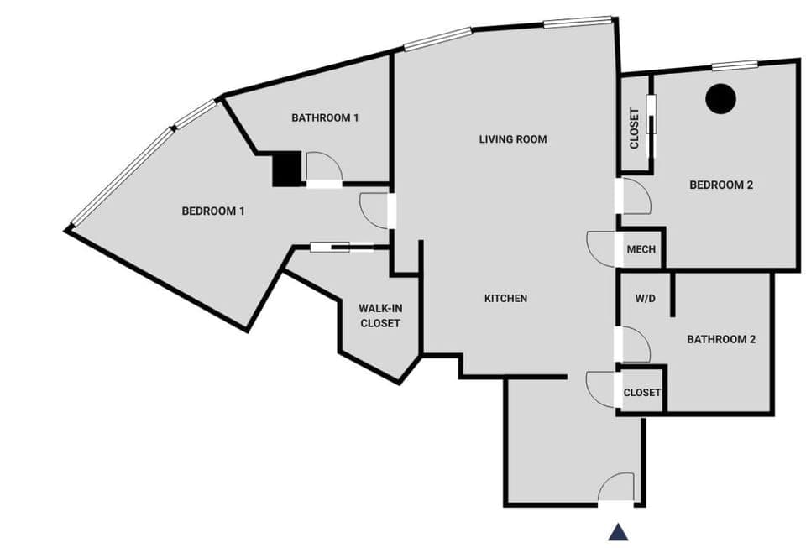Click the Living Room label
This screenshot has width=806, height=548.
point(513,139)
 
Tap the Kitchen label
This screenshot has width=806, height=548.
point(505,299)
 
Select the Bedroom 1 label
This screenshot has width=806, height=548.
point(213,211)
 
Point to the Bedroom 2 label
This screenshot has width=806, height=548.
point(721,185)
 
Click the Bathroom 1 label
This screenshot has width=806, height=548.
point(325,118)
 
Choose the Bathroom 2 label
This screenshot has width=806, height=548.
point(721,340)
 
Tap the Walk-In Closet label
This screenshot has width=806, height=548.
point(380,316)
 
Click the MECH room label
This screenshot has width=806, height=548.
point(641,250)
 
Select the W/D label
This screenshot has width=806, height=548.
point(645,298)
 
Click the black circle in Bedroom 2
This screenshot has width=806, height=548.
point(720,99)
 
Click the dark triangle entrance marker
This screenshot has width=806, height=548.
point(619,532)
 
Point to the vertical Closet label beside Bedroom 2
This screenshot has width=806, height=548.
point(635,128)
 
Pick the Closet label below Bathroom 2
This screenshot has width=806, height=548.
point(642,393)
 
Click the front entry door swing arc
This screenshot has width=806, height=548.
point(617,488)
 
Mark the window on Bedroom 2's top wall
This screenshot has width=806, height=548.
point(735,65)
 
